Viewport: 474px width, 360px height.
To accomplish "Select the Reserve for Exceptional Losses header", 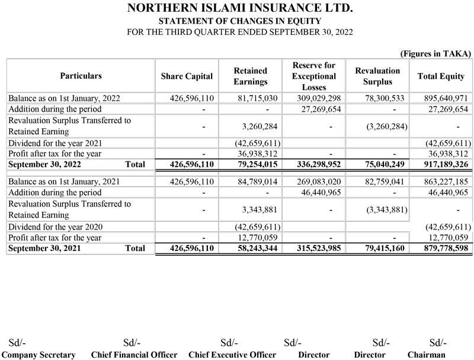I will pyautogui.click(x=313, y=76).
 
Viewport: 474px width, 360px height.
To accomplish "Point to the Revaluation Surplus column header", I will pyautogui.click(x=377, y=76).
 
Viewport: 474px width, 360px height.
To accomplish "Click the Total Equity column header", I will pyautogui.click(x=440, y=76).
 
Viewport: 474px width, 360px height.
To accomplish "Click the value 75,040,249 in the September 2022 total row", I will pyautogui.click(x=378, y=164).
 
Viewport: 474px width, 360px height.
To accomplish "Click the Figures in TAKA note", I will pyautogui.click(x=435, y=53).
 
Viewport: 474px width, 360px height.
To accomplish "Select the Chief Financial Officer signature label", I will pyautogui.click(x=134, y=355).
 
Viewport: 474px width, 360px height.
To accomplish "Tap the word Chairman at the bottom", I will pyautogui.click(x=426, y=355).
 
